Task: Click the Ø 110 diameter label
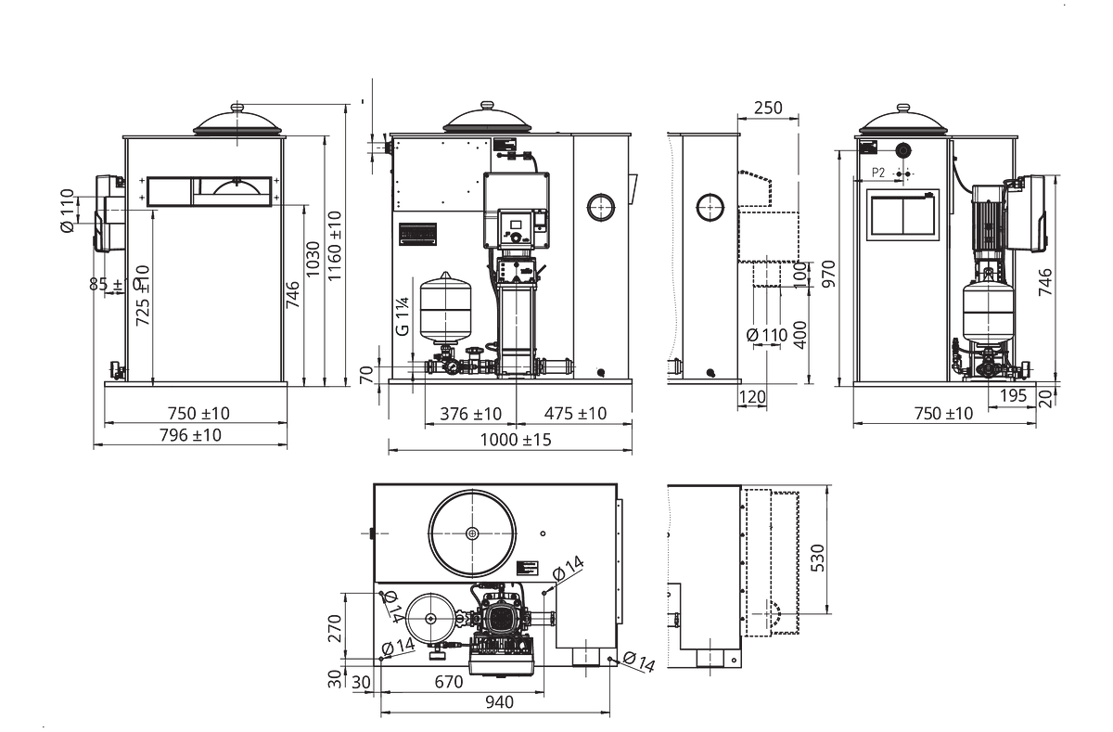tap(766, 335)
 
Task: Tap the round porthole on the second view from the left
tap(602, 207)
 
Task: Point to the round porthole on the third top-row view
tap(710, 207)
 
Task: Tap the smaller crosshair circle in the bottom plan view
tap(429, 618)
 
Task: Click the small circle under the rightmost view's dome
tap(902, 150)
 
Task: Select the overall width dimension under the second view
tap(512, 443)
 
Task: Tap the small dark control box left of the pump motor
tap(416, 233)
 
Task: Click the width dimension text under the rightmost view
tap(943, 413)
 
